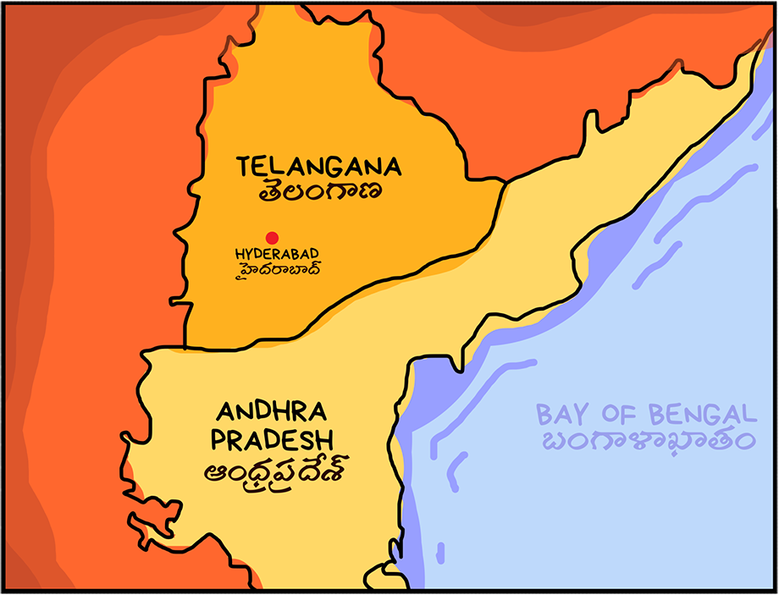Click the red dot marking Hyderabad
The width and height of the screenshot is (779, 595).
272,238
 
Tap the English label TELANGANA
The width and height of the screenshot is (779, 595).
319,166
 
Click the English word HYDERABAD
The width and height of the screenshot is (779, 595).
271,254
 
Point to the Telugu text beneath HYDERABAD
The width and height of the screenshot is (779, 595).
271,270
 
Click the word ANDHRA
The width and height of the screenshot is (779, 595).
272,412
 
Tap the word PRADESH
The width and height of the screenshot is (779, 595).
272,440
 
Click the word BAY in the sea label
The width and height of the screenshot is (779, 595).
561,415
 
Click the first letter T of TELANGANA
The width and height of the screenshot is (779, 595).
245,166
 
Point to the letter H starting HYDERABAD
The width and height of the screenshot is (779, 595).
239,254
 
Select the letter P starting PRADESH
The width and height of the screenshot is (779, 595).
219,440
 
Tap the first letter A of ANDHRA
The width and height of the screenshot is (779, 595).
224,412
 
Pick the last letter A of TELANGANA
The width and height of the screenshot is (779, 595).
393,166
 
